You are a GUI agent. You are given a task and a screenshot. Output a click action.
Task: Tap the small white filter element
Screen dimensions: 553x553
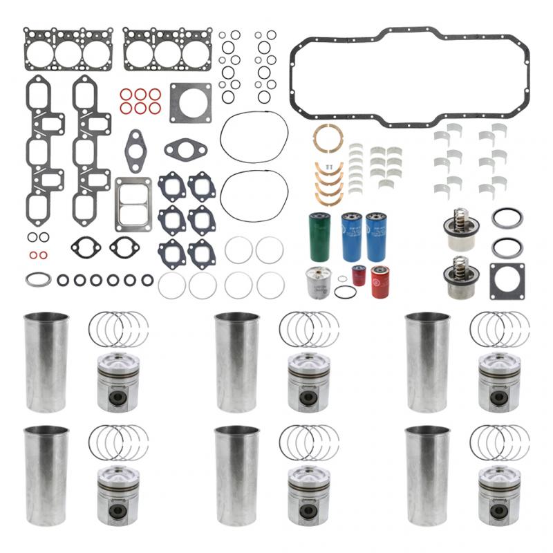tap(317, 282)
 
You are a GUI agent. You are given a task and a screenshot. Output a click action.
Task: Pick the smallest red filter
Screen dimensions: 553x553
tap(358, 275)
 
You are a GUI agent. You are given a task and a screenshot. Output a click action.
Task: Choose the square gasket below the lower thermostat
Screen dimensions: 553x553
tap(507, 281)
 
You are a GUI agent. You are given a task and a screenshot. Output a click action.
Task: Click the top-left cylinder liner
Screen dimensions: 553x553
tap(46, 363)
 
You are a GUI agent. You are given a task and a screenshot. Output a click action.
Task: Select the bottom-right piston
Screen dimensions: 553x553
tap(500, 496)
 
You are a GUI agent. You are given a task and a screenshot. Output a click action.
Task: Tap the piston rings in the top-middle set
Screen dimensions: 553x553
tap(309, 329)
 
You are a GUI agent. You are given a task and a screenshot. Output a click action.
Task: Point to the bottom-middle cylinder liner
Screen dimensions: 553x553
tap(237, 476)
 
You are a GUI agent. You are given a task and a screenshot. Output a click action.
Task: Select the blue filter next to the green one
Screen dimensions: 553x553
tap(351, 237)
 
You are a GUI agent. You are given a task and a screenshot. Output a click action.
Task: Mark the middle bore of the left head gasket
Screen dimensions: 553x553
tap(68, 53)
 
